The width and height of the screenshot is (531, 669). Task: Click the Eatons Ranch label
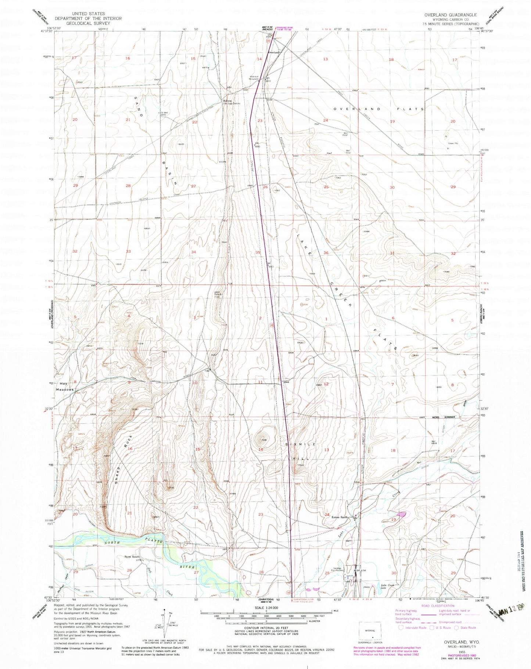coord(340,517)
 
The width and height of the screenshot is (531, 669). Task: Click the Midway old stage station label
coord(230,102)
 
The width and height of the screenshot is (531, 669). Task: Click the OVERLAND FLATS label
coord(379,109)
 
